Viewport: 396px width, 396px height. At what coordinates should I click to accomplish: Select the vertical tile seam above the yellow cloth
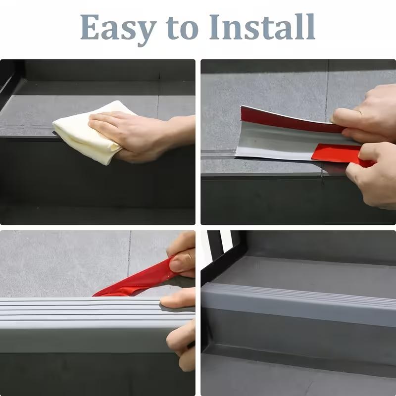(158, 94)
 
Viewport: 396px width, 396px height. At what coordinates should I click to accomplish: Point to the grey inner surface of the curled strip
(277, 144)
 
